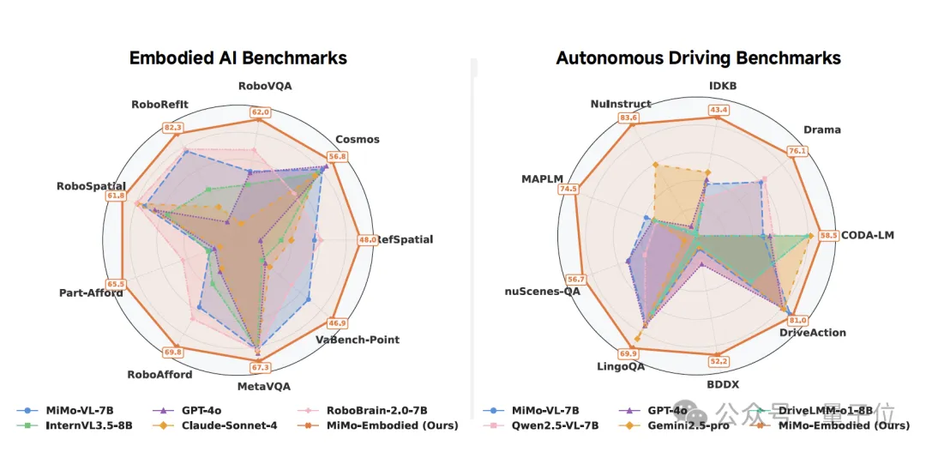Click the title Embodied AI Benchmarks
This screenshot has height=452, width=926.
point(238,58)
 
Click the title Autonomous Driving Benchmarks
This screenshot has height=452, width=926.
point(698,58)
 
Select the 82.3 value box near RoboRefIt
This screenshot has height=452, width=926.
point(172,128)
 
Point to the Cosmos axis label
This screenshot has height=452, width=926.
point(358,139)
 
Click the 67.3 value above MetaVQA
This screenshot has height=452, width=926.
point(260,368)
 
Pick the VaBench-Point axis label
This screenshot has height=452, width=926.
point(357,340)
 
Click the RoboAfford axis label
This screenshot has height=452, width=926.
point(159,374)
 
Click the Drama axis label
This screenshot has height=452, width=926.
point(821,130)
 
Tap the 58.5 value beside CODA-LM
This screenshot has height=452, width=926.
point(827,235)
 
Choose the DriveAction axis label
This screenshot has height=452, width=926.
point(812,332)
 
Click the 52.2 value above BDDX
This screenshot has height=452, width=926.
point(714,361)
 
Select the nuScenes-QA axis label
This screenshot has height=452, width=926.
point(542,292)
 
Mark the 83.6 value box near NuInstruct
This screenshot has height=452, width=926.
point(628,118)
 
